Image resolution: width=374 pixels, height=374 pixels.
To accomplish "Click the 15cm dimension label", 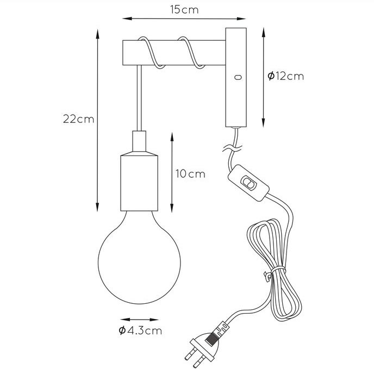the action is click(x=184, y=10).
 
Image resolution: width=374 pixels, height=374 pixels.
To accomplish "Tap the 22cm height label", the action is click(x=78, y=119).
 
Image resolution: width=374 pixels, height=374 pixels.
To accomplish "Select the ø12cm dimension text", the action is click(x=285, y=76).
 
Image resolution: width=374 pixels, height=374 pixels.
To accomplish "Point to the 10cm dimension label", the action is click(x=190, y=174).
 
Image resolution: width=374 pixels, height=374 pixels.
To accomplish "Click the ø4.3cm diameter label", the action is click(x=140, y=331).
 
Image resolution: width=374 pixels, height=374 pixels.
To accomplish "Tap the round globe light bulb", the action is click(x=139, y=257).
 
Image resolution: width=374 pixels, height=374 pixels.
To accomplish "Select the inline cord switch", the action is click(x=248, y=183).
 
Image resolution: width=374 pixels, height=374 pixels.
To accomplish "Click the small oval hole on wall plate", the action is click(x=238, y=77).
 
